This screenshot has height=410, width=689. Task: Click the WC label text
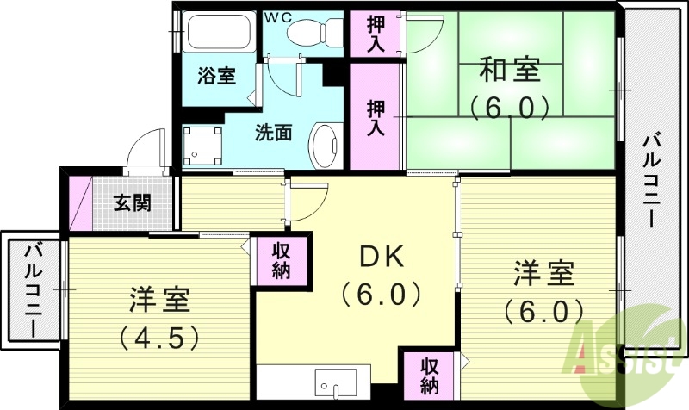click(276, 17)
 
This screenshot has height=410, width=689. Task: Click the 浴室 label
click(216, 76)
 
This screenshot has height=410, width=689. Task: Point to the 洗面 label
click(272, 133)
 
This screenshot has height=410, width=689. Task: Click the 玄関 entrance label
click(133, 203)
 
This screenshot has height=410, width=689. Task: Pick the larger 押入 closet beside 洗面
click(376, 117)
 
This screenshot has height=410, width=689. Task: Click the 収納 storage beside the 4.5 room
click(281, 259)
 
